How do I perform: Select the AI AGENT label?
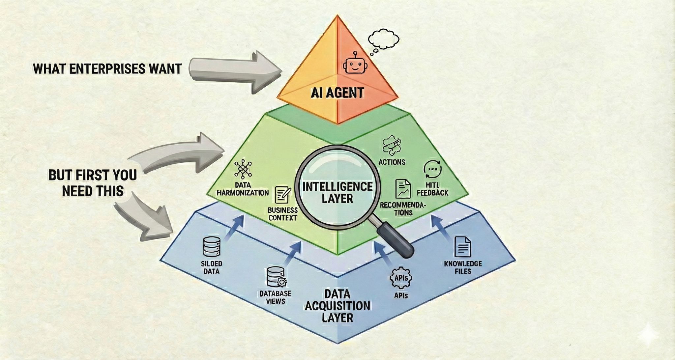click(x=337, y=93)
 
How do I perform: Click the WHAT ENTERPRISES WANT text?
click(x=107, y=69)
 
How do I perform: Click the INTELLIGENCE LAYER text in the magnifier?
click(x=337, y=192)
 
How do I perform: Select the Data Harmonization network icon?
click(x=243, y=169)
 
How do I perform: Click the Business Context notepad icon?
click(x=283, y=195)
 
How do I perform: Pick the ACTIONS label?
click(x=392, y=162)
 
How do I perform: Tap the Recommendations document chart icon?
click(x=403, y=189)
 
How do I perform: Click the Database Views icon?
click(x=276, y=277)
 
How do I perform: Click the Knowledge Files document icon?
click(x=462, y=247)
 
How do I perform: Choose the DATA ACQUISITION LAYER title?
click(x=337, y=306)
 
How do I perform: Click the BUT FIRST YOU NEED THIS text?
click(x=93, y=183)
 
